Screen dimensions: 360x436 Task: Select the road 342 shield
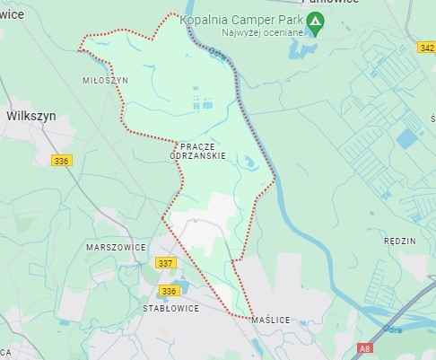426,46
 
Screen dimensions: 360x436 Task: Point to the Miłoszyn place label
105,80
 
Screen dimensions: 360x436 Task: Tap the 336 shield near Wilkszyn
61,161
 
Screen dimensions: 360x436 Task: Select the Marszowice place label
115,245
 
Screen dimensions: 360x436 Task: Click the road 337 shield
165,263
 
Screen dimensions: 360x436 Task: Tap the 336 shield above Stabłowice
170,291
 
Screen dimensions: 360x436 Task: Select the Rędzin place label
398,241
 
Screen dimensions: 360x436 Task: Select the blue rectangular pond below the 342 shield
407,138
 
